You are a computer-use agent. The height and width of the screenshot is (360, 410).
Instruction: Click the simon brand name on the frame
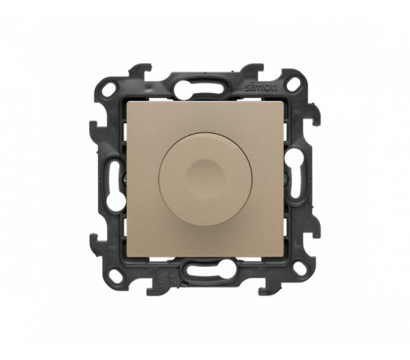[261, 88]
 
